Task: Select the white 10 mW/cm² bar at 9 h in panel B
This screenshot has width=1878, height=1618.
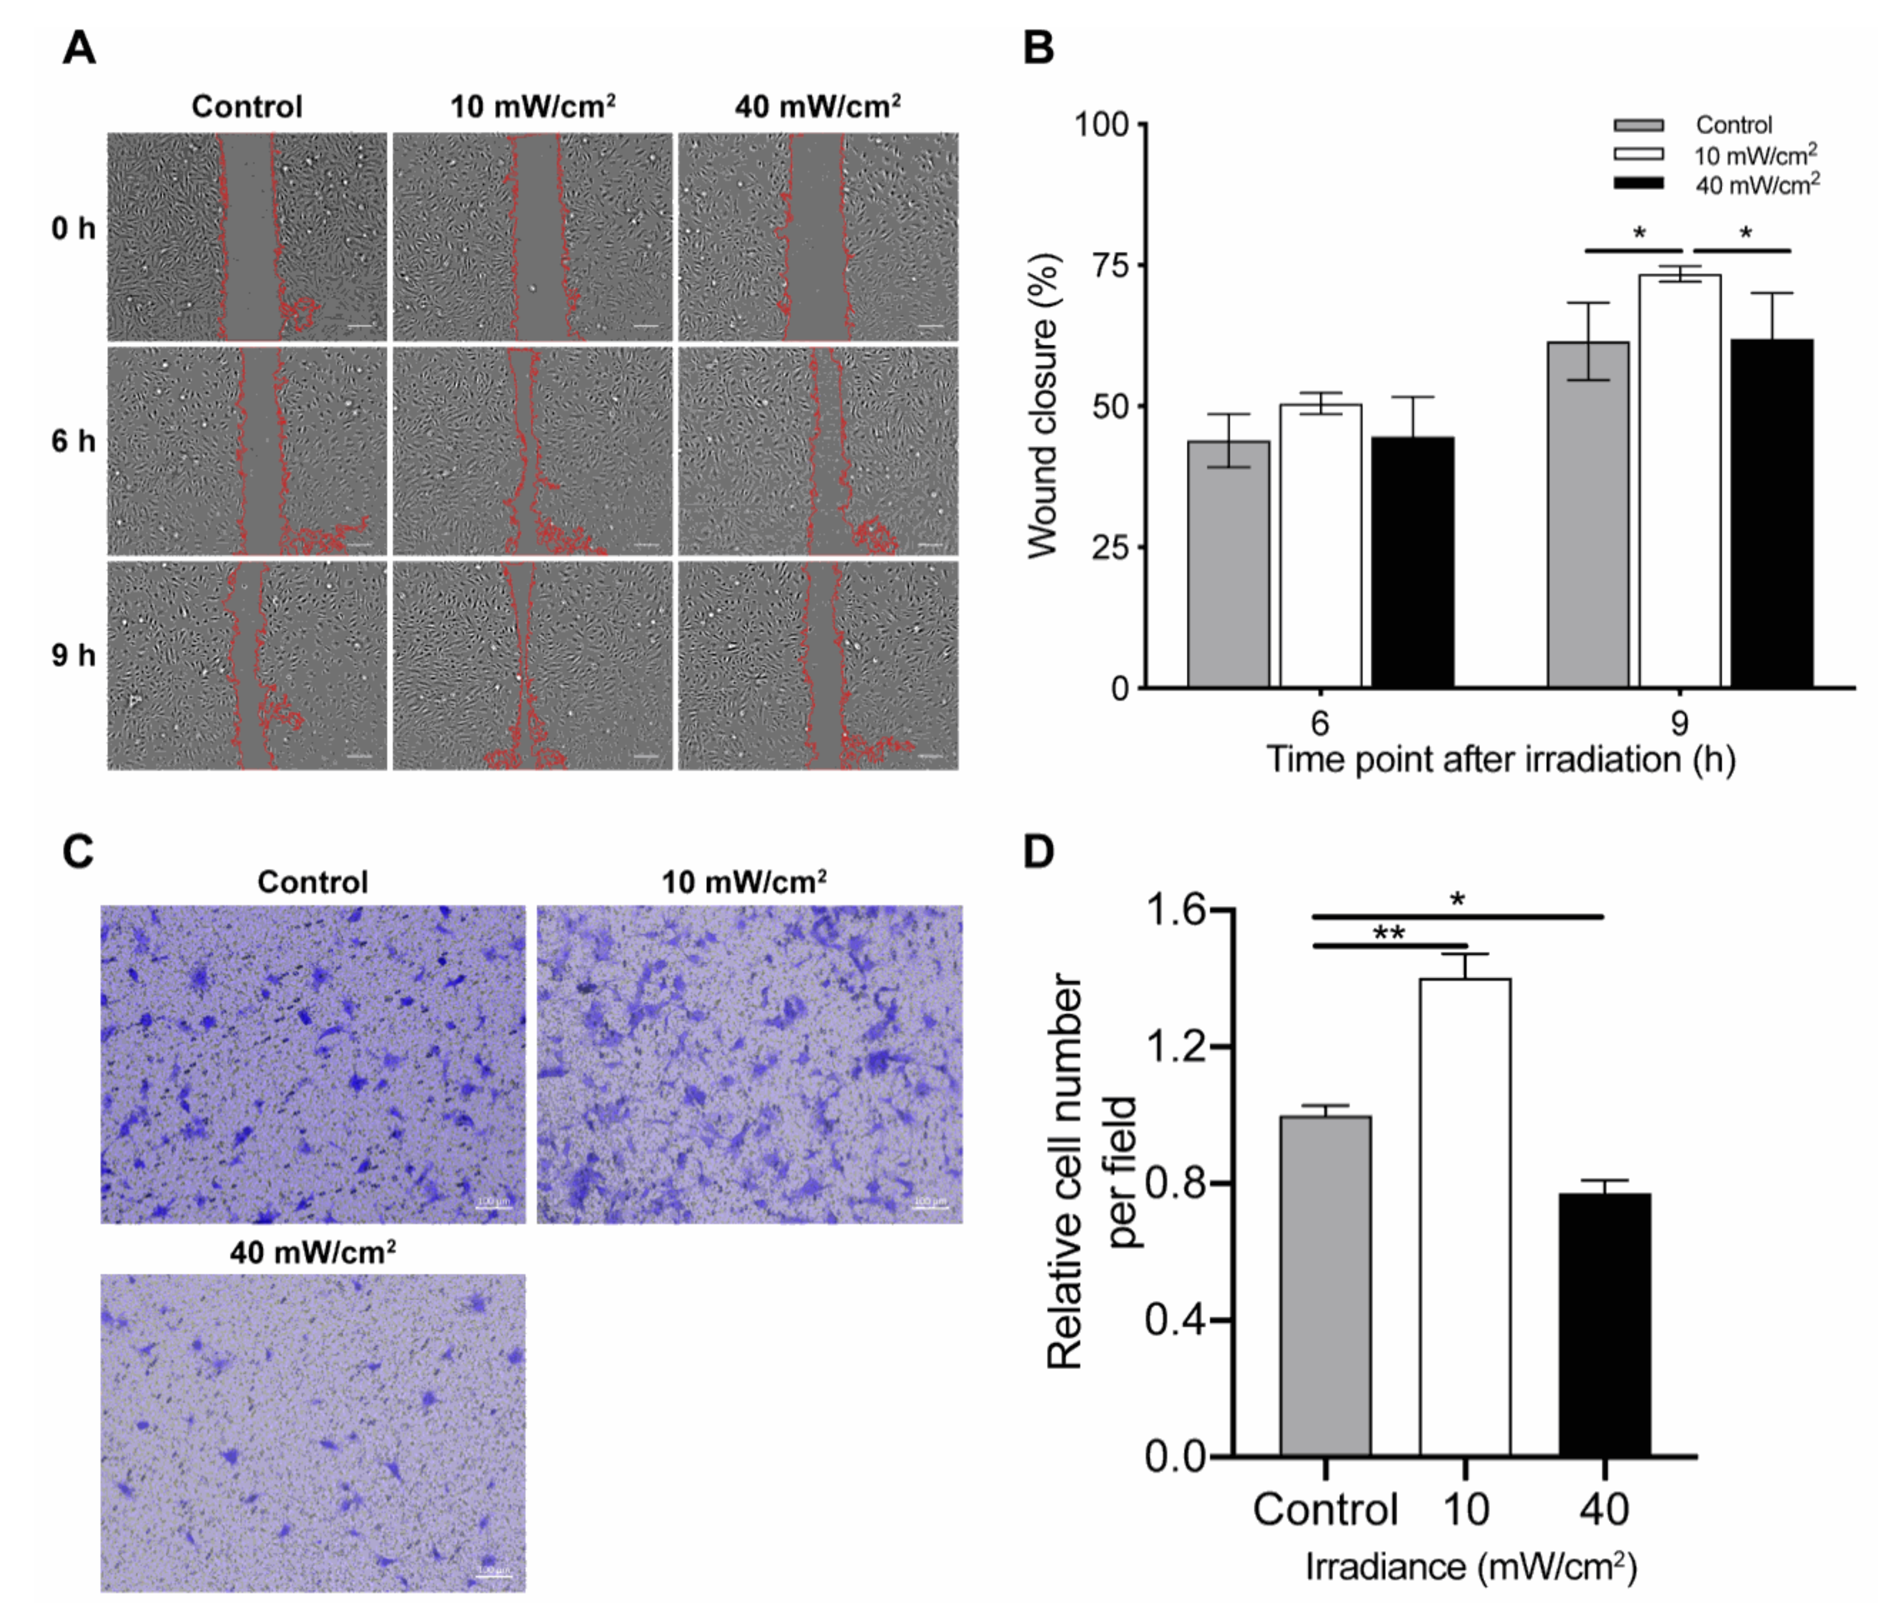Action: click(x=1680, y=480)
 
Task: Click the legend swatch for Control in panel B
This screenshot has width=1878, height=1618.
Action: click(x=1639, y=125)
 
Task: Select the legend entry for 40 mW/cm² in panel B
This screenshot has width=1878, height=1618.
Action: click(x=1757, y=185)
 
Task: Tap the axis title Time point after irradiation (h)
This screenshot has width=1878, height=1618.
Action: click(x=1499, y=759)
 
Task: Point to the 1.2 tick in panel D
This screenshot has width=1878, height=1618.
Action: click(x=1178, y=1046)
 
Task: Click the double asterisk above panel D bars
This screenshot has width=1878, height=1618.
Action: click(x=1388, y=934)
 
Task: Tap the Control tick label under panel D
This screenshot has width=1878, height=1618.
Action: click(x=1325, y=1509)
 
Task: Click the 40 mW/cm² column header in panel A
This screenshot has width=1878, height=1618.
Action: click(x=818, y=107)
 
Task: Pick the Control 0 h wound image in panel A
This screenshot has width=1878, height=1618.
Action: click(x=247, y=237)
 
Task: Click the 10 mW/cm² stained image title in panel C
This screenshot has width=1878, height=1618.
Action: click(x=743, y=881)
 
